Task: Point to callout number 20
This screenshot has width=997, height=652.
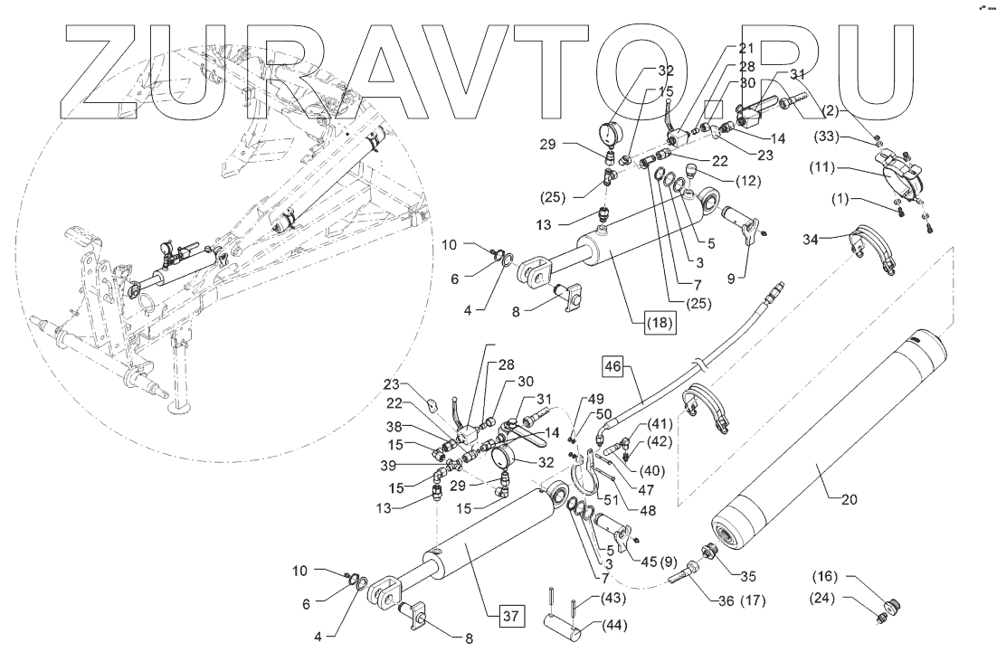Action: [x=850, y=499]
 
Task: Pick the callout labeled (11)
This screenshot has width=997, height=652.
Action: [x=821, y=167]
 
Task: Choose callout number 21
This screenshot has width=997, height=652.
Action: [x=745, y=48]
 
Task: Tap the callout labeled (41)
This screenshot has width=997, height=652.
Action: [x=660, y=422]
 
